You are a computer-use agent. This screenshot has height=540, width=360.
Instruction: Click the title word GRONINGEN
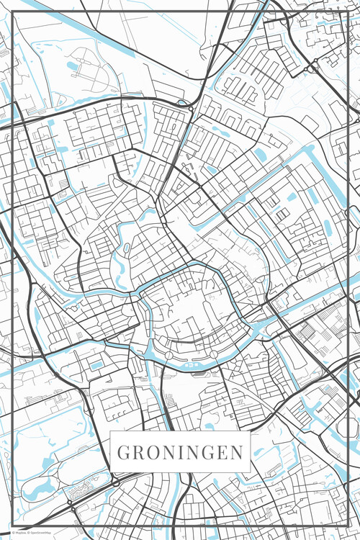coord(180,453)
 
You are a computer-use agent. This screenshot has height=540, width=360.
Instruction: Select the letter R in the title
coord(137,453)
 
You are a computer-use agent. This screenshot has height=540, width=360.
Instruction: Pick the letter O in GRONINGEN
coord(150,453)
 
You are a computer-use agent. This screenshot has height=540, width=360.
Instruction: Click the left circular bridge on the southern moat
coord(168,356)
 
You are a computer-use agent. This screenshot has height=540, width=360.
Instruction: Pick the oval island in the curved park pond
coord(127,248)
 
